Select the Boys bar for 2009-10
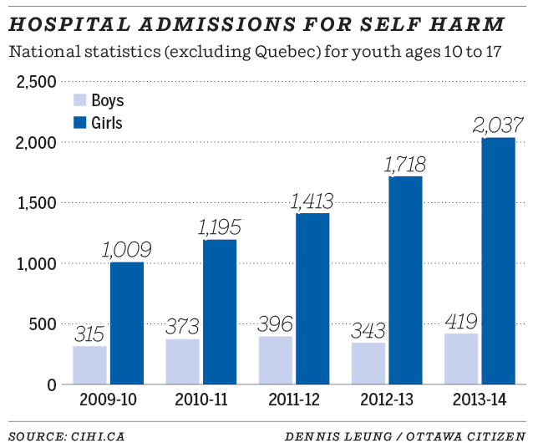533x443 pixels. pyautogui.click(x=89, y=365)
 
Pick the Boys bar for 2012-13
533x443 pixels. pyautogui.click(x=368, y=364)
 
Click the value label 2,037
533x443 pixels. pyautogui.click(x=498, y=125)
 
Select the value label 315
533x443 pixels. pyautogui.click(x=89, y=334)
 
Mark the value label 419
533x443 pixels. pyautogui.click(x=461, y=321)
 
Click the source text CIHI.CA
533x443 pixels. pyautogui.click(x=99, y=435)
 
